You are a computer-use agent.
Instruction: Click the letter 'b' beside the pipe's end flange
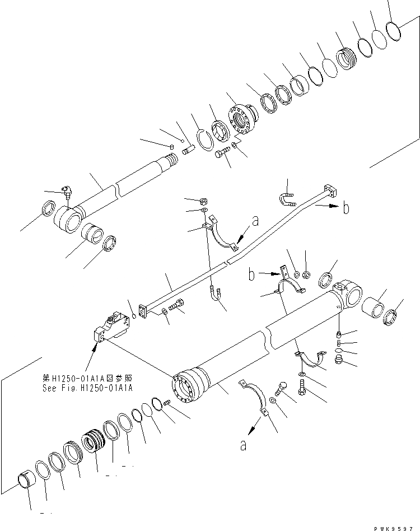[x=346, y=208]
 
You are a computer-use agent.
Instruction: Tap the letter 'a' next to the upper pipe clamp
[x=255, y=222]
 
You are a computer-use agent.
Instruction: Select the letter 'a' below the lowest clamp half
[x=243, y=445]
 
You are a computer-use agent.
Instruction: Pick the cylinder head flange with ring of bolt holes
[x=242, y=118]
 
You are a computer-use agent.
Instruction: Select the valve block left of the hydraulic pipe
[x=111, y=329]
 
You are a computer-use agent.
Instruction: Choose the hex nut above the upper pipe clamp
[x=204, y=201]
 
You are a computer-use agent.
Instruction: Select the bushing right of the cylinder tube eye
[x=371, y=308]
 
